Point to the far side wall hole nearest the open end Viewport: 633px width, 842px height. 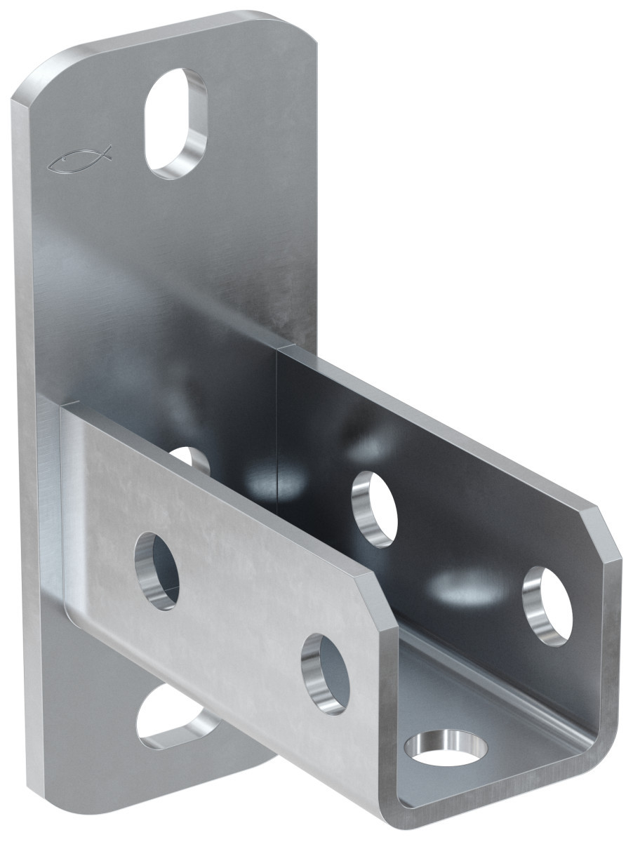547,606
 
